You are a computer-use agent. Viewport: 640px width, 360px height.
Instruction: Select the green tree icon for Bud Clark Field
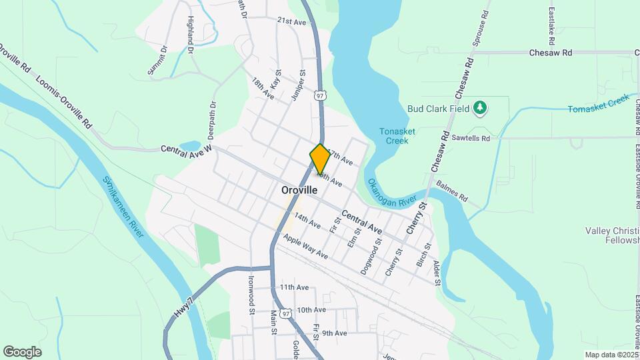click(x=480, y=108)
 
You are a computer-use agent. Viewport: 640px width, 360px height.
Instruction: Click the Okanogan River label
click(x=397, y=193)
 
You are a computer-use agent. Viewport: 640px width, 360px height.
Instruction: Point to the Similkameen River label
click(x=124, y=207)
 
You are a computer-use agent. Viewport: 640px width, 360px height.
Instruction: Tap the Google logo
click(x=22, y=352)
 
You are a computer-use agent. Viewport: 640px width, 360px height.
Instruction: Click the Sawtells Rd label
click(x=471, y=138)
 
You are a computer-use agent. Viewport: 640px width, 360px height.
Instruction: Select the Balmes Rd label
click(x=452, y=192)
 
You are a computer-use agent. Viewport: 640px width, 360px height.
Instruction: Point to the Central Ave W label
click(x=186, y=148)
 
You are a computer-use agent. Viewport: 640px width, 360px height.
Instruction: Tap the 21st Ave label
click(x=291, y=22)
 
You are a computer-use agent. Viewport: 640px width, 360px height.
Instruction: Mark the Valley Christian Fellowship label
click(x=612, y=235)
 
